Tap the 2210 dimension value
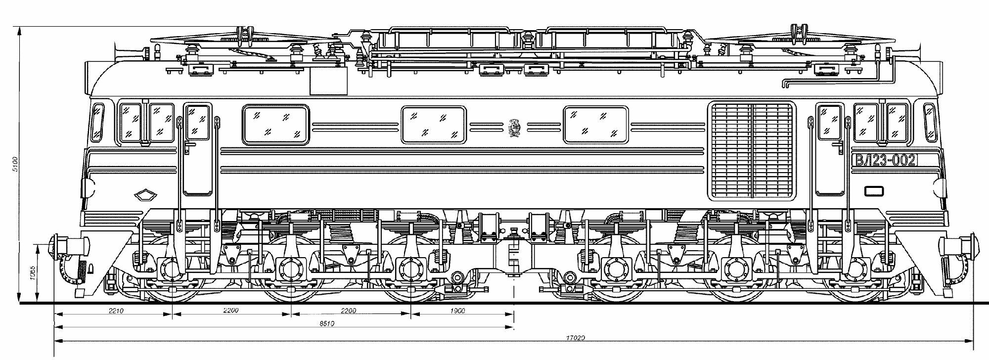(x=115, y=311)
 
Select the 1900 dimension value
(x=458, y=311)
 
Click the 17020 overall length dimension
(x=576, y=338)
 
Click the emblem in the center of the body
(x=514, y=127)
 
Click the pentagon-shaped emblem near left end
(x=146, y=195)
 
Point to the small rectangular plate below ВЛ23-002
(x=874, y=190)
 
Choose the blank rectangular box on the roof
(x=329, y=81)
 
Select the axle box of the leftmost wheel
(x=171, y=269)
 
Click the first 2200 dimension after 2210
(x=231, y=311)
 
